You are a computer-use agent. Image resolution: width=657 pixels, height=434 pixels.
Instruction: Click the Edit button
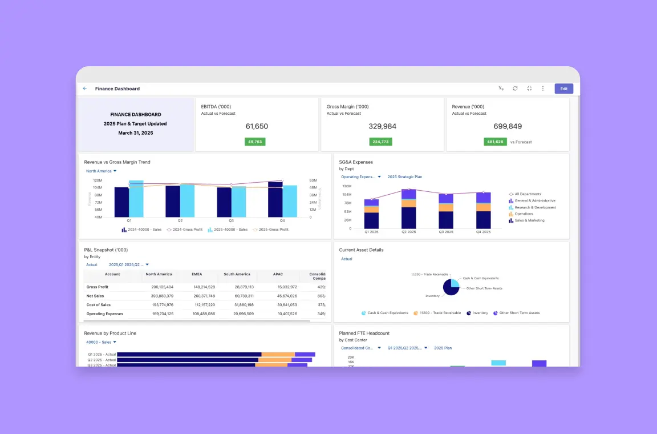point(563,89)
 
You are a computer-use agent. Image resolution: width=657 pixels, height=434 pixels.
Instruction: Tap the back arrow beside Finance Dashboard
point(85,89)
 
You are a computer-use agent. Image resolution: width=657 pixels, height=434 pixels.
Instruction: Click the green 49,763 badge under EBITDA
point(255,142)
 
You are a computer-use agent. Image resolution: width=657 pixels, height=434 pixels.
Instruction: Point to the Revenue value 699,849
point(508,126)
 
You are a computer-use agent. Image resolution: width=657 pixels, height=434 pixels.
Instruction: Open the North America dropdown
point(101,171)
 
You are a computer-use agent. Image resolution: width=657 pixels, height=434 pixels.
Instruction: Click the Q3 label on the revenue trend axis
point(231,220)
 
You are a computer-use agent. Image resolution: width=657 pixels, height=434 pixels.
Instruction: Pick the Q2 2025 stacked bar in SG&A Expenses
point(408,210)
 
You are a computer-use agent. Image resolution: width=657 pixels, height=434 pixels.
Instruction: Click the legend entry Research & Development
point(534,207)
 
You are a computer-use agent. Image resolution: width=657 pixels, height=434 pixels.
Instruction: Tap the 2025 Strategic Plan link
point(405,177)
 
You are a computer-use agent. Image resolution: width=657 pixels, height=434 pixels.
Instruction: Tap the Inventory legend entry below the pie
point(480,313)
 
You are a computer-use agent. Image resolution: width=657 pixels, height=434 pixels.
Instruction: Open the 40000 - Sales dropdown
point(101,342)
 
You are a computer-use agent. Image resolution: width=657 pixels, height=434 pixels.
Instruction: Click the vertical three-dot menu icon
point(543,89)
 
